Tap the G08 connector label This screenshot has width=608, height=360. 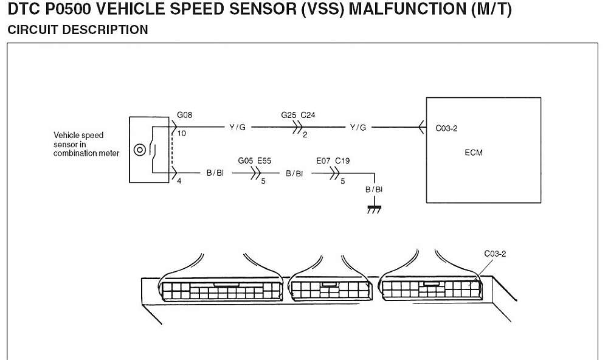pos(185,115)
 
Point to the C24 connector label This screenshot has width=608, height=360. pos(308,115)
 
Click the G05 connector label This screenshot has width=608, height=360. pos(246,161)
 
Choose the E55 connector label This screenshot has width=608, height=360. pos(264,161)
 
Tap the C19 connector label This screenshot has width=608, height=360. pos(342,161)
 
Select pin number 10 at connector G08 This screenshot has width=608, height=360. pos(182,133)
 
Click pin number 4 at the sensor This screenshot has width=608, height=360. pos(179,181)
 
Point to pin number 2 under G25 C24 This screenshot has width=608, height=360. pos(305,135)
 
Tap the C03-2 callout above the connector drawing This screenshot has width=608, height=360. pos(495,254)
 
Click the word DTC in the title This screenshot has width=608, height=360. pos(23,10)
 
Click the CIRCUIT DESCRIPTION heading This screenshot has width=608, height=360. pos(77,30)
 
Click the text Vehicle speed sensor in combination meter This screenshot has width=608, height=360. pos(85,144)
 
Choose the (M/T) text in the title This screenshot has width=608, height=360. pos(491,10)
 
